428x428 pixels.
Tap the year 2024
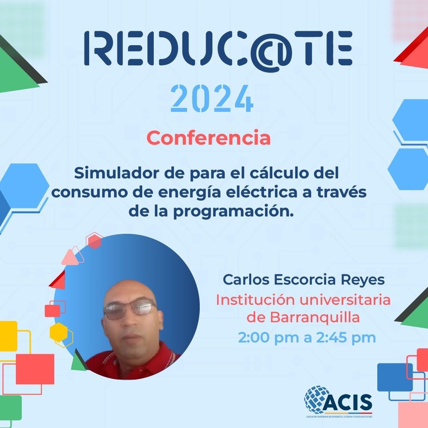coord(212,99)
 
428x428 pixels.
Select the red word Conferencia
coord(208,138)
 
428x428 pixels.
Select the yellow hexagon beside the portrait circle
coord(61,332)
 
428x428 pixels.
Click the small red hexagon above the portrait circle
coord(94,241)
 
